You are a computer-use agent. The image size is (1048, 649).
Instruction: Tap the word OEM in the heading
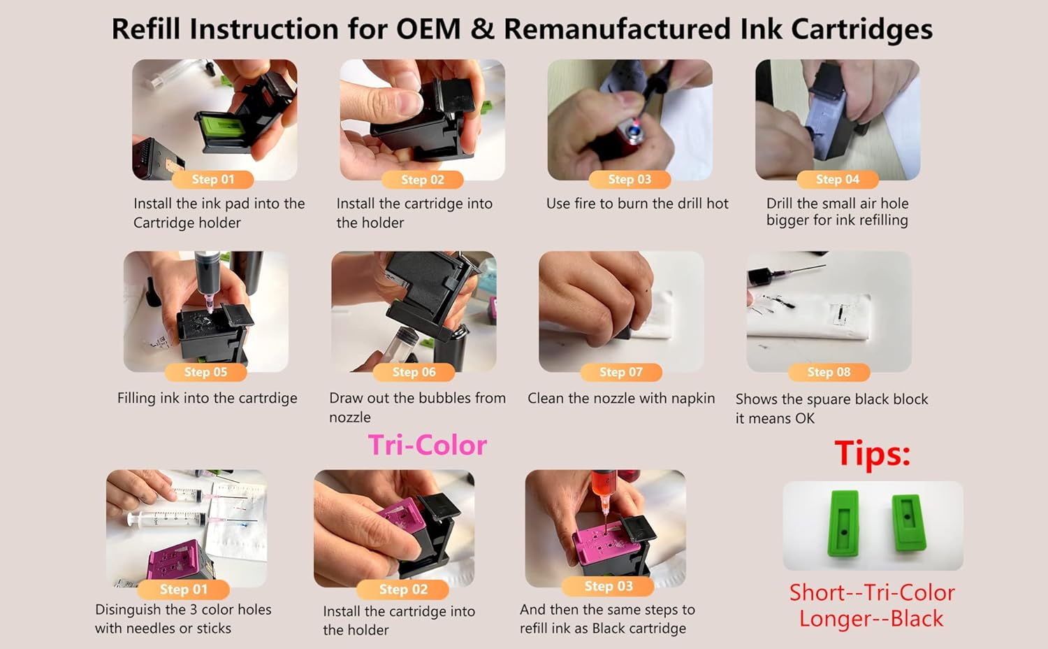pos(428,29)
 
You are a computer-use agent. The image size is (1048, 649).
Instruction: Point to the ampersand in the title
pos(481,29)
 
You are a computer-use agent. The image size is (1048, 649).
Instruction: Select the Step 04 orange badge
pos(837,180)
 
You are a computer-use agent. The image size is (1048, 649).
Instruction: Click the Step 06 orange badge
pos(414,372)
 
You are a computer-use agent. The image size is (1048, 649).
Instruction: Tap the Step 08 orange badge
pos(829,372)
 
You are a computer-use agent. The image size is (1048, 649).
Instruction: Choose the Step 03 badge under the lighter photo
pos(629,180)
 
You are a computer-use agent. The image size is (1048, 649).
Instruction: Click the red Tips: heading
pos(872,453)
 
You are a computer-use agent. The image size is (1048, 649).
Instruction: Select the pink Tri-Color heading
pos(428,445)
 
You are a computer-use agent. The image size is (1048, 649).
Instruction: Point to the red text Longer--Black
pos(871,619)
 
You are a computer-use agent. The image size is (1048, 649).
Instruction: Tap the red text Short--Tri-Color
pos(872,593)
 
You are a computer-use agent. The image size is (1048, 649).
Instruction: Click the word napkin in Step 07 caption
pos(692,399)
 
